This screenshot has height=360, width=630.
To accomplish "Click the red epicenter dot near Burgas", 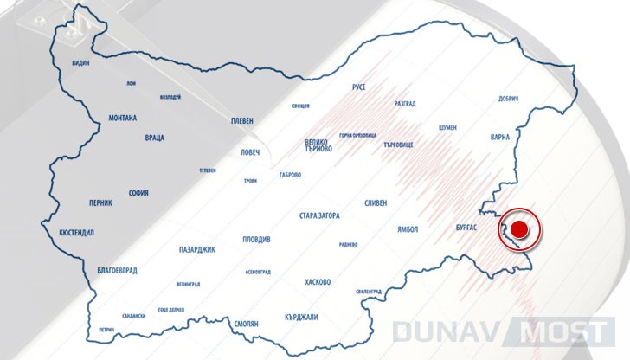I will click(x=518, y=229).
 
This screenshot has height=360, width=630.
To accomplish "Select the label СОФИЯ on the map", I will click(x=141, y=193).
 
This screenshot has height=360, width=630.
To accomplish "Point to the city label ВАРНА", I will click(x=500, y=137).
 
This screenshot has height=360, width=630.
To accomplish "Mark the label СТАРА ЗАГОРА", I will click(x=319, y=215).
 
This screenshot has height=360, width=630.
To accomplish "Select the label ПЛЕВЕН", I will click(x=241, y=121).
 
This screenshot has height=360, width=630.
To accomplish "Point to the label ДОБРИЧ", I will click(x=509, y=98).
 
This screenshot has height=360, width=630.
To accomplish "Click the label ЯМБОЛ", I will click(x=404, y=229).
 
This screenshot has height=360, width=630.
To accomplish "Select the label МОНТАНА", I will click(x=129, y=118).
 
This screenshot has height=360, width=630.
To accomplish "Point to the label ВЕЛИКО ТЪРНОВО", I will click(x=318, y=145).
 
